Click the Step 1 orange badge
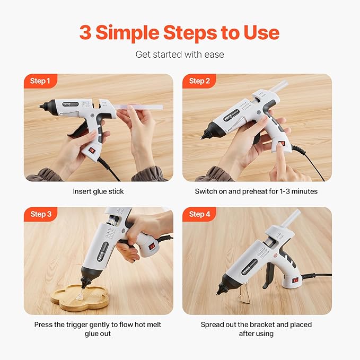click(x=40, y=81)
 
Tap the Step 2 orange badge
click(x=199, y=81)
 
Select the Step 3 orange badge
click(x=40, y=214)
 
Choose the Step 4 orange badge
click(x=199, y=214)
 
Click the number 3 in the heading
click(x=85, y=33)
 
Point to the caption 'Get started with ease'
click(x=180, y=54)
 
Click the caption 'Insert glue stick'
click(x=98, y=191)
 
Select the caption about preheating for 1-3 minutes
click(x=256, y=191)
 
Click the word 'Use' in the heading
click(x=260, y=33)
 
